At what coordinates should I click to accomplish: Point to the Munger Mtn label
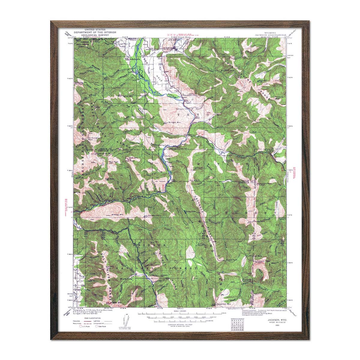tap(173, 123)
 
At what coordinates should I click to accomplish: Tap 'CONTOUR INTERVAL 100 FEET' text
tap(180, 325)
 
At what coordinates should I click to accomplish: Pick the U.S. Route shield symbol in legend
tap(81, 326)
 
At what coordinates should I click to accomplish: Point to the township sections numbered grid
tap(236, 325)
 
